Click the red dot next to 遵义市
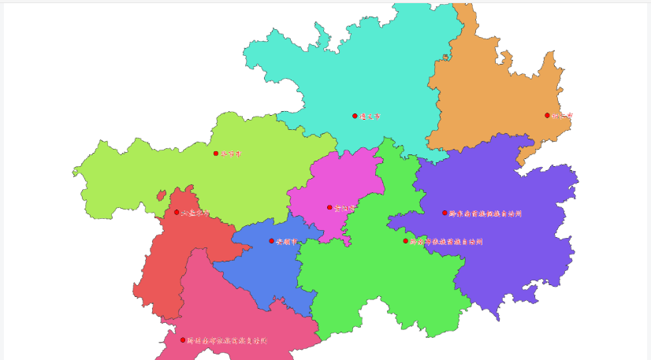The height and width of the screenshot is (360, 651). (355, 116)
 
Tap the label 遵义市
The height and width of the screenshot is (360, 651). (370, 116)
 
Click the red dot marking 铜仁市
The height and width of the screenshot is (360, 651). (547, 115)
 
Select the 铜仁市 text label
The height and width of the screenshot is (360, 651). (562, 116)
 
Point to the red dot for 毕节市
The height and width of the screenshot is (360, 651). (215, 154)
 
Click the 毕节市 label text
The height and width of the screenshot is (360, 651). (231, 154)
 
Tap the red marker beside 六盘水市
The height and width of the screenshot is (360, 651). (177, 212)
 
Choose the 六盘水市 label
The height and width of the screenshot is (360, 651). (195, 213)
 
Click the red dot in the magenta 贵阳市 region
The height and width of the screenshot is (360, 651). (329, 207)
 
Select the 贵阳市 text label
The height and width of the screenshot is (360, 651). (344, 208)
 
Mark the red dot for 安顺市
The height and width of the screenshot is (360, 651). (272, 241)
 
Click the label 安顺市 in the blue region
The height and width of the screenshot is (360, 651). (287, 241)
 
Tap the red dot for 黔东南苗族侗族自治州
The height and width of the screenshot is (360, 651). (445, 213)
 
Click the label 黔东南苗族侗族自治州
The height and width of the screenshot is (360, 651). (485, 213)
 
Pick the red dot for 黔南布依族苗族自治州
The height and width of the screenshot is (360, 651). (406, 241)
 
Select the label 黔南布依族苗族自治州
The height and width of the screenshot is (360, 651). (446, 242)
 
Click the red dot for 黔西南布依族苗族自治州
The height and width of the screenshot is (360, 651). (183, 340)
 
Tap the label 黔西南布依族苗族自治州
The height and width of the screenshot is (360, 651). (227, 341)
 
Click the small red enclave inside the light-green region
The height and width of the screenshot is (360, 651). (161, 195)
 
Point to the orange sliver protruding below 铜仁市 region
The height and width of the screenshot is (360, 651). (523, 158)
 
